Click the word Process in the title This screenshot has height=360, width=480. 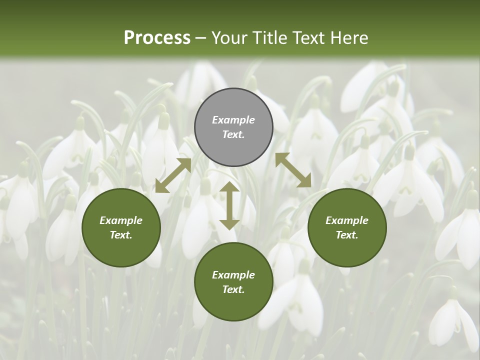pyautogui.click(x=157, y=38)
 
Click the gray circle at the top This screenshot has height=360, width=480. pyautogui.click(x=233, y=127)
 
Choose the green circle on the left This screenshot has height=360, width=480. pyautogui.click(x=121, y=227)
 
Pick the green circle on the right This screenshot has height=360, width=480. pyautogui.click(x=347, y=227)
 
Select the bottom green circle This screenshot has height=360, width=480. pyautogui.click(x=233, y=282)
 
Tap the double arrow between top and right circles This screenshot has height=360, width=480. pyautogui.click(x=293, y=170)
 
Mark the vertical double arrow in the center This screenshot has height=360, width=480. pyautogui.click(x=229, y=205)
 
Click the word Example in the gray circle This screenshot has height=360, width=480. pyautogui.click(x=233, y=120)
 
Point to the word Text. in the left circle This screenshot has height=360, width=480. pyautogui.click(x=121, y=235)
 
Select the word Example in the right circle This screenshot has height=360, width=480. pyautogui.click(x=347, y=220)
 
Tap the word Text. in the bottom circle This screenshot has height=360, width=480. pyautogui.click(x=233, y=289)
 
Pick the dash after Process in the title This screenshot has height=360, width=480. pyautogui.click(x=200, y=38)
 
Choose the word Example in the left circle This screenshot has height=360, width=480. pyautogui.click(x=121, y=220)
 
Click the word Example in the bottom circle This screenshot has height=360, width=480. pyautogui.click(x=233, y=275)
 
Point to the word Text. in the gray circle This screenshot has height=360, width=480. pyautogui.click(x=233, y=135)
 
